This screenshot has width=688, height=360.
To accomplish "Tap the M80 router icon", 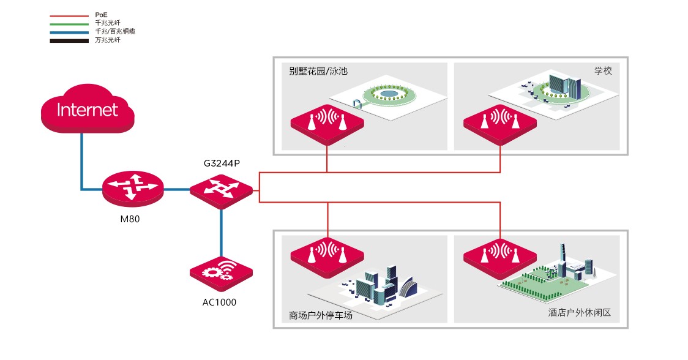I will pyautogui.click(x=133, y=188).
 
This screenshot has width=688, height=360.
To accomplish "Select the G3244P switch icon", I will pyautogui.click(x=221, y=189).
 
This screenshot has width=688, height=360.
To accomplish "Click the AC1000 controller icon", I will pyautogui.click(x=221, y=274).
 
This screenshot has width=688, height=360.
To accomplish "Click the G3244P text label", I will pyautogui.click(x=222, y=164).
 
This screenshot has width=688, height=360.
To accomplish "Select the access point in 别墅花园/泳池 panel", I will pyautogui.click(x=327, y=122).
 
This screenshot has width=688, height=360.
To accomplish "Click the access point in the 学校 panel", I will pyautogui.click(x=501, y=122).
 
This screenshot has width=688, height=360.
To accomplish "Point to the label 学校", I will pyautogui.click(x=603, y=70).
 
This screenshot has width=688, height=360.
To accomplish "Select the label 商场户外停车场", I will pyautogui.click(x=321, y=316).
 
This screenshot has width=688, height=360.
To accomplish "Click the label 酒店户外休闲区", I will pyautogui.click(x=579, y=313).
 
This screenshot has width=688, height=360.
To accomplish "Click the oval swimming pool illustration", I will pyautogui.click(x=388, y=94).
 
